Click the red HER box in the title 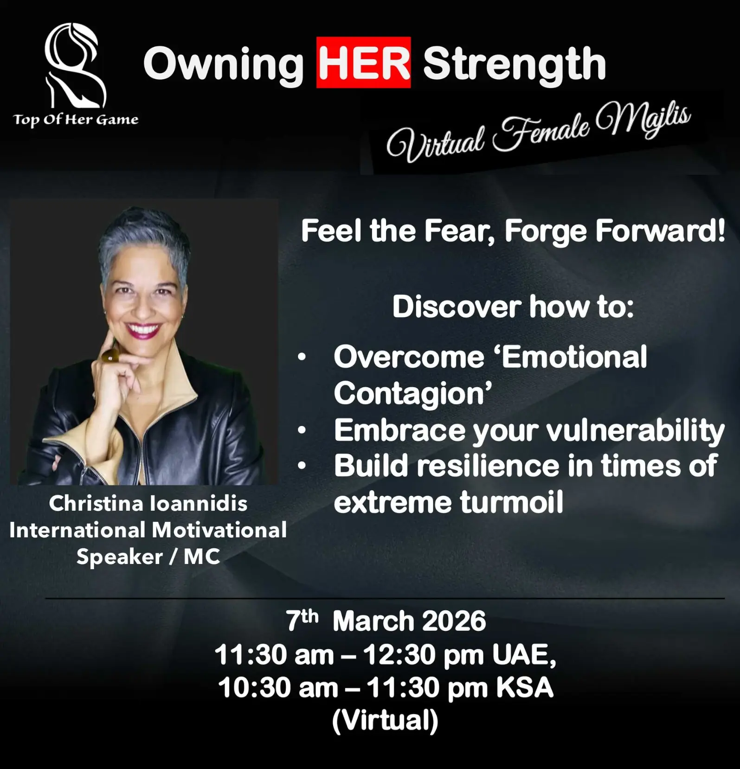pos(363,62)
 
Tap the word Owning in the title pos(224,65)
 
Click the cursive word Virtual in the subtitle pos(436,142)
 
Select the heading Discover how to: pos(513,307)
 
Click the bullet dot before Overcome pos(302,357)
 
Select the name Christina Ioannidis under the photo pos(148,504)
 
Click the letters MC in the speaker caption pos(201,557)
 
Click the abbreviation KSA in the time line pos(525,687)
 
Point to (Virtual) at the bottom pos(385,720)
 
